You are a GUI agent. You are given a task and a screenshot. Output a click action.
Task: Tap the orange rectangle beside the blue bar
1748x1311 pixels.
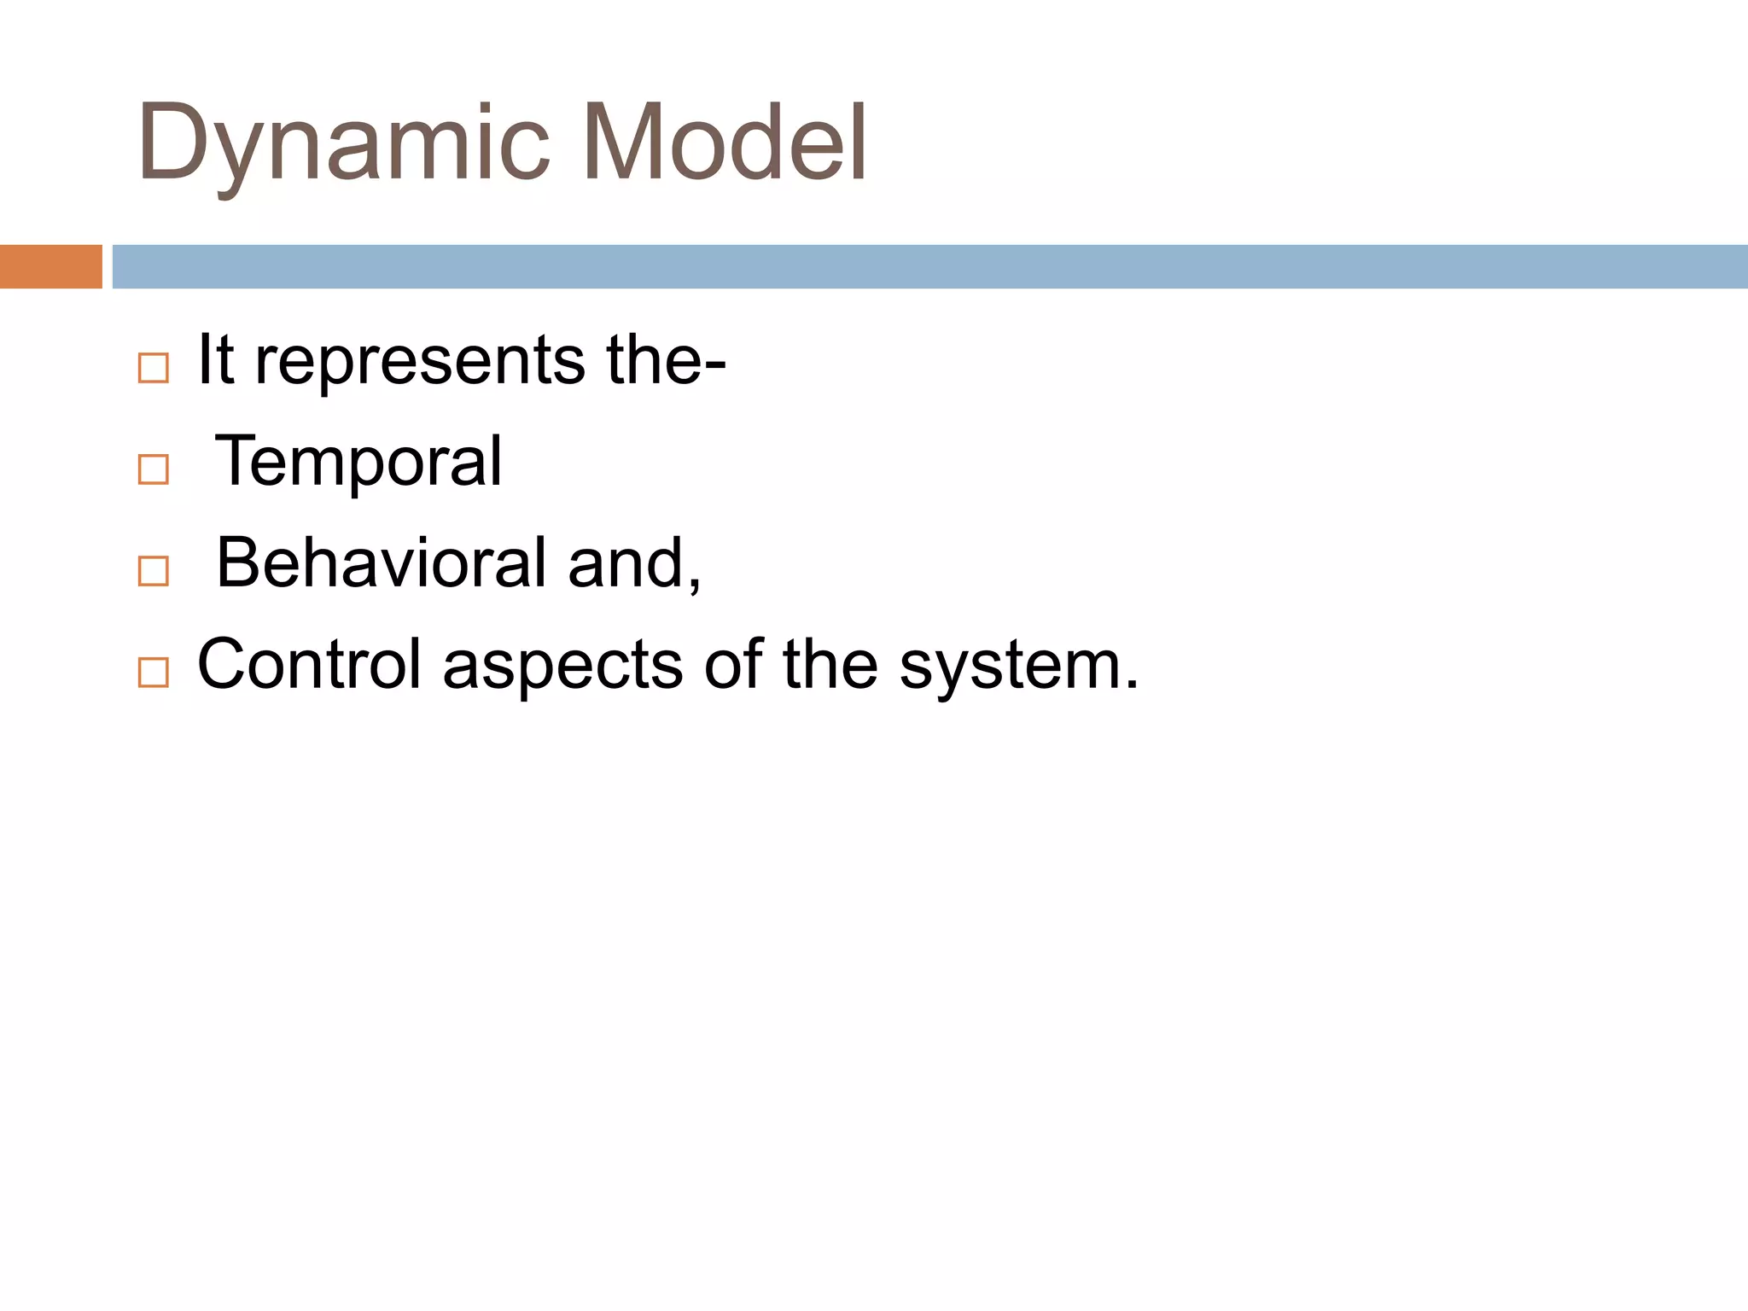pyautogui.click(x=50, y=266)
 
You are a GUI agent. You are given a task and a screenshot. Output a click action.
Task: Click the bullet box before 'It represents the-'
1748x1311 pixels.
pyautogui.click(x=154, y=368)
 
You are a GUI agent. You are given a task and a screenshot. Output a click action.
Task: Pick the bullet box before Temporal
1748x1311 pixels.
pyautogui.click(x=154, y=469)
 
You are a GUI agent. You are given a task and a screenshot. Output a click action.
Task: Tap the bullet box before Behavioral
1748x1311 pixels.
pyautogui.click(x=154, y=571)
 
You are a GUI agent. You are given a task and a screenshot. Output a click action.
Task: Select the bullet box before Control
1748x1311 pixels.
pyautogui.click(x=154, y=673)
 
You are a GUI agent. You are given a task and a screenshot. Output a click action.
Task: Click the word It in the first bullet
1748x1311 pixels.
pyautogui.click(x=215, y=360)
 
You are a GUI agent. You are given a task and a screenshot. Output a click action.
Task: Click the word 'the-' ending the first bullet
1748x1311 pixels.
pyautogui.click(x=666, y=360)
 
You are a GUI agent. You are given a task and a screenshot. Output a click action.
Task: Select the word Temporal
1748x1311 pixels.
pyautogui.click(x=358, y=462)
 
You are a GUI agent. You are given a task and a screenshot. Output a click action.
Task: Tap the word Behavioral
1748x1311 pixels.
pyautogui.click(x=382, y=563)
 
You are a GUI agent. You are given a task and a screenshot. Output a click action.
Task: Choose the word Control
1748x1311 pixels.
pyautogui.click(x=309, y=665)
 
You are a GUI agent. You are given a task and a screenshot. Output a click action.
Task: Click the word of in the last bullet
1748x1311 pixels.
pyautogui.click(x=731, y=665)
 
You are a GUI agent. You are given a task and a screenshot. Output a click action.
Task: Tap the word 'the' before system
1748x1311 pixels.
pyautogui.click(x=830, y=665)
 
